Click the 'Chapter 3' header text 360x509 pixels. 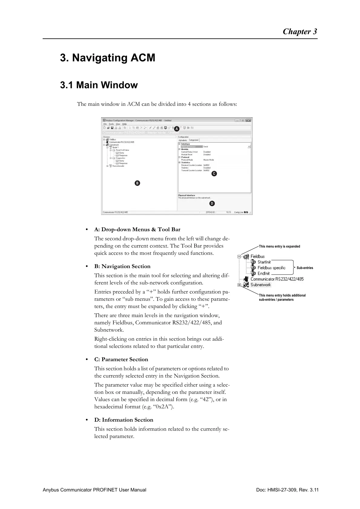click(x=299, y=32)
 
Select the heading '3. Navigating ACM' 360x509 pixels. click(x=107, y=58)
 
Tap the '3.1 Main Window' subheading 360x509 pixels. click(x=99, y=85)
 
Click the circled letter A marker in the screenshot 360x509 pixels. click(x=176, y=128)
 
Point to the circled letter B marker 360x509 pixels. click(x=137, y=183)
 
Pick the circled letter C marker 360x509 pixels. click(x=214, y=173)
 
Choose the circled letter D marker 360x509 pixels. click(x=212, y=203)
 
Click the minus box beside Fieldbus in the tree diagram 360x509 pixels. click(x=239, y=257)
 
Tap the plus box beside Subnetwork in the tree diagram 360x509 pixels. click(x=239, y=285)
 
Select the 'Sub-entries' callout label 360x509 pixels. click(x=305, y=268)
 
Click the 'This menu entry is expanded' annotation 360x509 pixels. click(x=279, y=246)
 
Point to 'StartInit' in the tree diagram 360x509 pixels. click(x=264, y=262)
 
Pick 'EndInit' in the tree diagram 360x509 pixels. click(x=263, y=274)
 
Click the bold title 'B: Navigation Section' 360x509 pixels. click(x=122, y=266)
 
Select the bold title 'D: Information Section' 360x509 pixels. click(x=123, y=420)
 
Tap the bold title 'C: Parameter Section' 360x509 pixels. click(x=121, y=359)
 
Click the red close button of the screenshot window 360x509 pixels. click(x=248, y=120)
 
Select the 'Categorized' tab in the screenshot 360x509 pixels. click(x=194, y=140)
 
